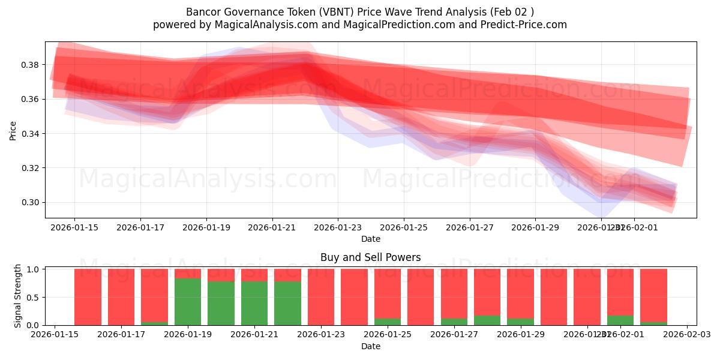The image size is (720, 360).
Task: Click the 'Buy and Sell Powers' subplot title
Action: coord(370,257)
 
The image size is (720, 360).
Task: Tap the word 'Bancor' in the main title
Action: coord(205,12)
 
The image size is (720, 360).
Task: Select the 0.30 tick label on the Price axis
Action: coord(30,202)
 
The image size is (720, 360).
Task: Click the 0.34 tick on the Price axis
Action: coord(30,133)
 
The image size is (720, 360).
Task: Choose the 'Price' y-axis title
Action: coord(13,131)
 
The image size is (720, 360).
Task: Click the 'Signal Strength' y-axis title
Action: coord(18,296)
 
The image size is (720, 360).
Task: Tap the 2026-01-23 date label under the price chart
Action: coord(338,228)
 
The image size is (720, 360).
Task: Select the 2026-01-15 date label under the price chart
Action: coord(74,228)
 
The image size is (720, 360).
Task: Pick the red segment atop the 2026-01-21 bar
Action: coord(254,275)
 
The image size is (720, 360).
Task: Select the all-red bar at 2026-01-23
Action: coord(321,297)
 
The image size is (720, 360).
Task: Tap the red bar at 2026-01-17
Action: coord(121,297)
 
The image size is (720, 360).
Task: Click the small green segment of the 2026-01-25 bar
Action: coord(388,322)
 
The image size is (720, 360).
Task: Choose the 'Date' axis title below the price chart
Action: coord(370,239)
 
